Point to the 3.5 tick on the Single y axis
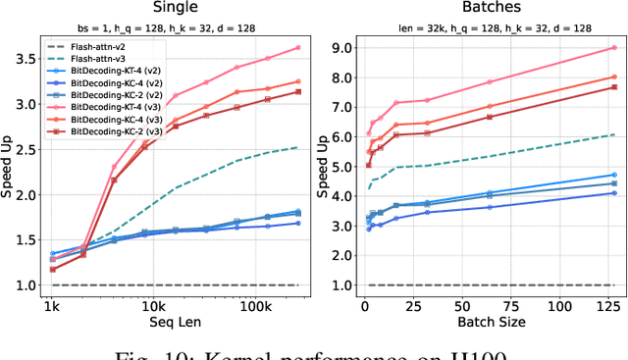(24, 59)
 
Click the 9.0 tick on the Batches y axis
(342, 47)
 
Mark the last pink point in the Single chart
(298, 47)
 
